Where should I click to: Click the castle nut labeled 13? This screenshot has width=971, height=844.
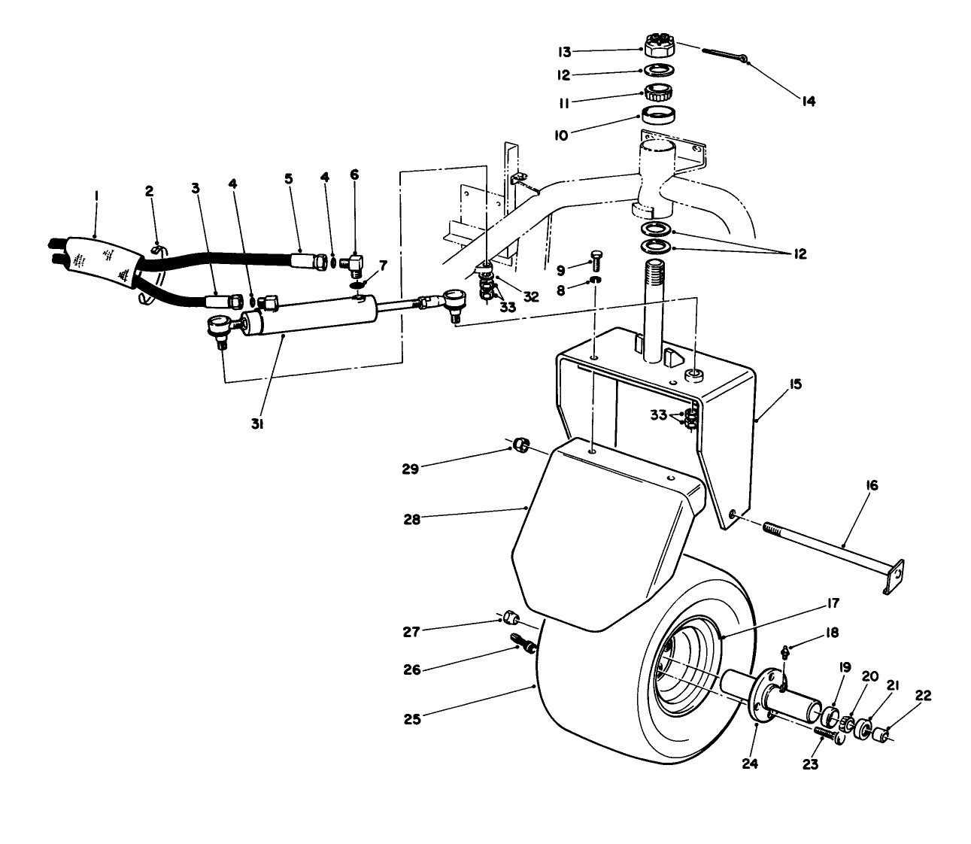(x=659, y=46)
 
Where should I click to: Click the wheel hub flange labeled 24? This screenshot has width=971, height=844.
(x=761, y=692)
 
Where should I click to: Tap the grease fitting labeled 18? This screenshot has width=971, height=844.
(x=784, y=651)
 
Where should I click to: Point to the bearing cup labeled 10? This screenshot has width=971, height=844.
(x=659, y=116)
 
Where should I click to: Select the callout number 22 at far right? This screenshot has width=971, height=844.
(x=922, y=697)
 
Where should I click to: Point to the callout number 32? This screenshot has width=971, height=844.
(x=531, y=296)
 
